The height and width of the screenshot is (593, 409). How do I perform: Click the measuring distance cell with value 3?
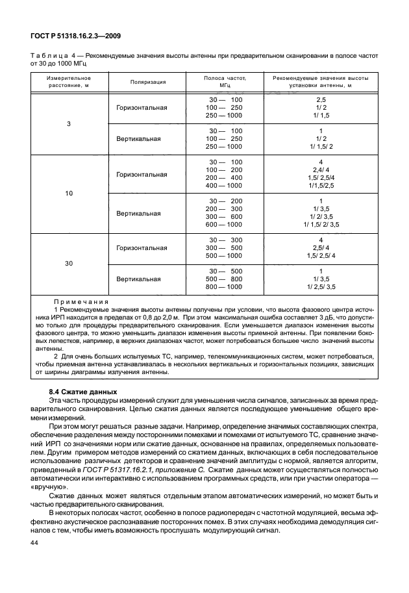68,123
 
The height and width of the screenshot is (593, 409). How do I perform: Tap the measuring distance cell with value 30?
68,263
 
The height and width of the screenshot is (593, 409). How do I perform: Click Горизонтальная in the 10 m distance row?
142,175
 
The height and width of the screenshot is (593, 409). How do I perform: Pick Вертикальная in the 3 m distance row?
138,139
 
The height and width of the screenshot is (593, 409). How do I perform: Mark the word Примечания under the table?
81,302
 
